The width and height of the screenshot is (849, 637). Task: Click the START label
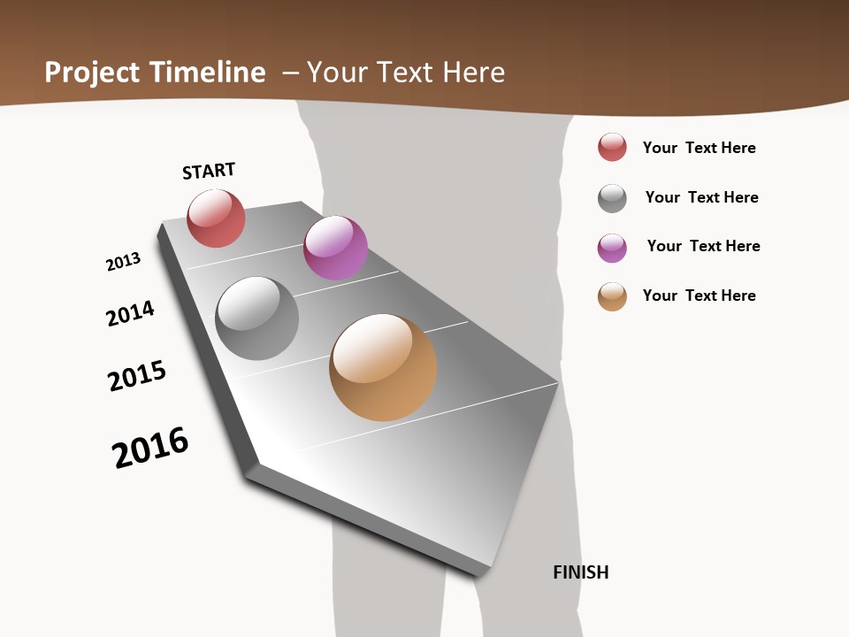(209, 171)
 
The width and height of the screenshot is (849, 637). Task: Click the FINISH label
(581, 572)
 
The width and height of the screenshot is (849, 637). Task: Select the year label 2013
(123, 262)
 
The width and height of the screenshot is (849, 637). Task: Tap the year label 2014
(130, 314)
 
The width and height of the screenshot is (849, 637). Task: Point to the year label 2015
(137, 376)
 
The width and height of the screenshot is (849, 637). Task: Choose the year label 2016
(150, 448)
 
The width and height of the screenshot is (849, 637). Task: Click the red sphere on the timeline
(216, 219)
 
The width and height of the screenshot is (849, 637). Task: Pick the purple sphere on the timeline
(335, 248)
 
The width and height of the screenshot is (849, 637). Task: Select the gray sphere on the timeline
(257, 318)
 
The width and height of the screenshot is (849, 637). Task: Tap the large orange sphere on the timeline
(383, 367)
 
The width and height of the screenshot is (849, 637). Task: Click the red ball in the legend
(612, 147)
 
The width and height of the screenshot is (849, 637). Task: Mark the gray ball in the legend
(612, 198)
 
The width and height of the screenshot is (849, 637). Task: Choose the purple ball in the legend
(612, 248)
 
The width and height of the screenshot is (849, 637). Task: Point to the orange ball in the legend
(612, 296)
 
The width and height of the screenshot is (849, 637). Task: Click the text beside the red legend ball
(699, 148)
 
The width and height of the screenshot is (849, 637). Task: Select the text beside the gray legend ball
(701, 197)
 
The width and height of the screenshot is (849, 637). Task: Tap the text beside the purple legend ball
(703, 246)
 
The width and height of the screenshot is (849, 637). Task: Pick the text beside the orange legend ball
(699, 295)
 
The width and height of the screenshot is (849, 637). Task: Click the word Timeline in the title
(207, 73)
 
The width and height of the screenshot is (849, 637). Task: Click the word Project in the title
(93, 73)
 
